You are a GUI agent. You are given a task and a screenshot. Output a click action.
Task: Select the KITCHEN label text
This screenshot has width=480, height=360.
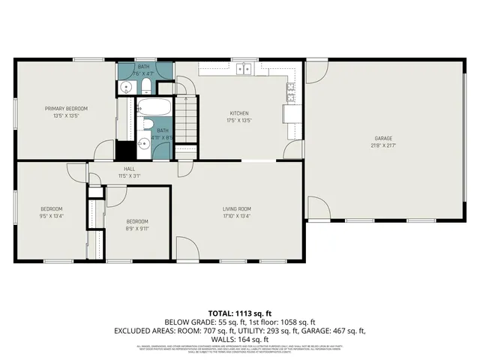point(238,113)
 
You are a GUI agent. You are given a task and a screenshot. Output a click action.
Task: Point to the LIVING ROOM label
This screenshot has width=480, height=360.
point(236,208)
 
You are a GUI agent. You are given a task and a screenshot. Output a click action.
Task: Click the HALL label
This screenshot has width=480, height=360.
point(129,169)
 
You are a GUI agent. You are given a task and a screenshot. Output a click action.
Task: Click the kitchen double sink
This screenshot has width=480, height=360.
point(244,69)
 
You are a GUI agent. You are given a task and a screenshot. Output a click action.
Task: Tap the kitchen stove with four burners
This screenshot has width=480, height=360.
point(289,92)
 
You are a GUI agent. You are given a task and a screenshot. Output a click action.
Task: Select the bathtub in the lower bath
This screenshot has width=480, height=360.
point(155,107)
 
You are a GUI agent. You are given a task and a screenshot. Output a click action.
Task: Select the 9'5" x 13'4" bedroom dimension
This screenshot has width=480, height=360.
point(51,215)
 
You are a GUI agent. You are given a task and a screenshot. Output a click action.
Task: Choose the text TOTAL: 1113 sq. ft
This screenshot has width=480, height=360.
point(240,313)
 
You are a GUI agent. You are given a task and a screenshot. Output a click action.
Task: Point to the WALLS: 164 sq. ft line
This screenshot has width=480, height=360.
point(240,338)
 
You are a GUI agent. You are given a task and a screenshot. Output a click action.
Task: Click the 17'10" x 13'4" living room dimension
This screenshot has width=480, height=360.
point(236,215)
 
